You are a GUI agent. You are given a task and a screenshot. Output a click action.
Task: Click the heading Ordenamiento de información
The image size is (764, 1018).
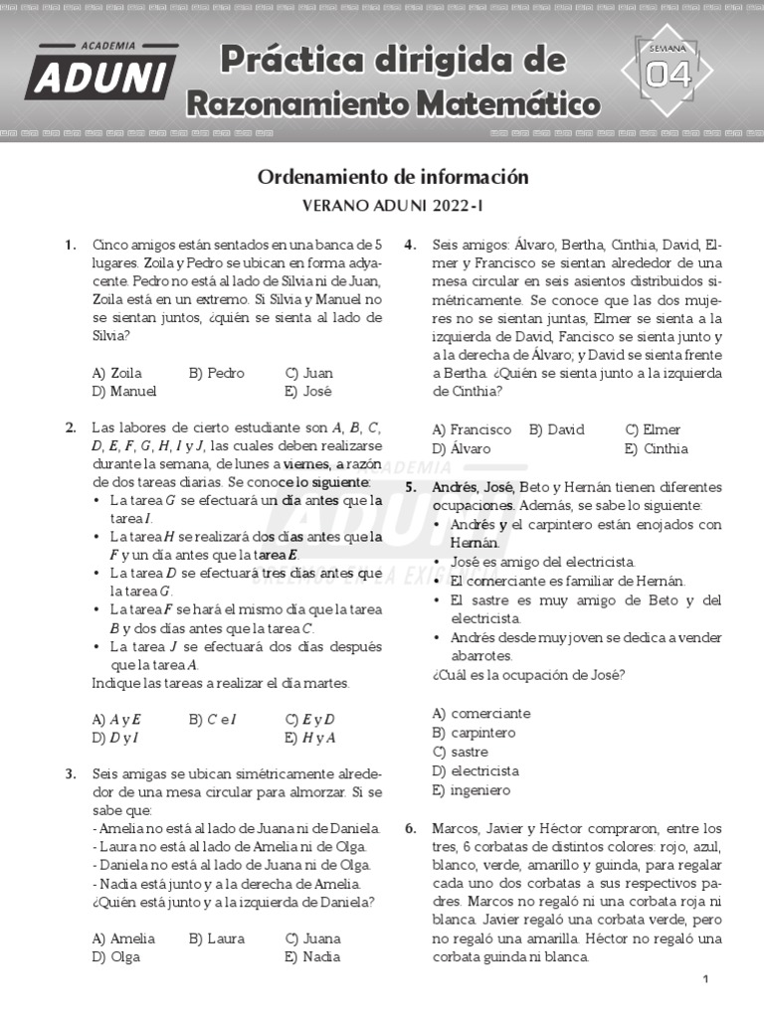coord(393,177)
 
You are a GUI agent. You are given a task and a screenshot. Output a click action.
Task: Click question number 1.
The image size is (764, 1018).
coord(71,245)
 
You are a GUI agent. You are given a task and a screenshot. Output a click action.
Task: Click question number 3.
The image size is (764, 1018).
coord(71,773)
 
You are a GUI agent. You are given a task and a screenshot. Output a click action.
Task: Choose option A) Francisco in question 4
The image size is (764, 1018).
coord(472,429)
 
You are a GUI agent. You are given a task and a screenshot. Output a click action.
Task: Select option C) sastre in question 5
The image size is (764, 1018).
coord(461,752)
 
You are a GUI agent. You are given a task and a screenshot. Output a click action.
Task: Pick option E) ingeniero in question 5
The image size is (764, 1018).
coord(471,790)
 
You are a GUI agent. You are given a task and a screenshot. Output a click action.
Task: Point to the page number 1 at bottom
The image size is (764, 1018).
coord(705,980)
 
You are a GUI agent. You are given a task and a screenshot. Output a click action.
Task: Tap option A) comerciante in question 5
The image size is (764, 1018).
coord(481,714)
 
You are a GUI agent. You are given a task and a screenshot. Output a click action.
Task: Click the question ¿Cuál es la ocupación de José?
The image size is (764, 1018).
coord(528,675)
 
